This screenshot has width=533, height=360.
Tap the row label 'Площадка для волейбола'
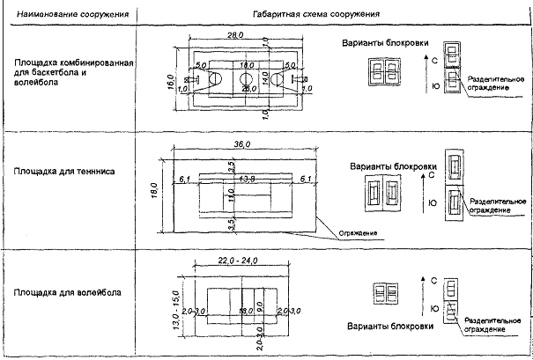(x=68, y=290)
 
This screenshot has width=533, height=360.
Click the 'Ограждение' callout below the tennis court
(x=358, y=233)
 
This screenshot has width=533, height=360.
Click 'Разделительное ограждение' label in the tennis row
(x=499, y=204)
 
